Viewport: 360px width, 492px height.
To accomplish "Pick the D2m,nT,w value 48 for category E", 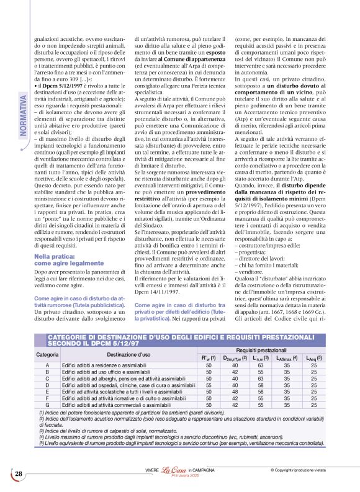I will pyautogui.click(x=235, y=393).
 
